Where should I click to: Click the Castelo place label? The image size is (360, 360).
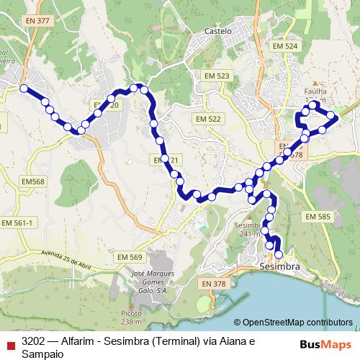pyautogui.click(x=218, y=32)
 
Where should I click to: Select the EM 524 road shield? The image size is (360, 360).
pyautogui.click(x=285, y=45)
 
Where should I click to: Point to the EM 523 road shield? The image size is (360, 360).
pyautogui.click(x=217, y=76)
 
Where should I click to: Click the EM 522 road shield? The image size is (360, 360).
pyautogui.click(x=207, y=118)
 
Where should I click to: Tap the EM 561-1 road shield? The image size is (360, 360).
pyautogui.click(x=18, y=223)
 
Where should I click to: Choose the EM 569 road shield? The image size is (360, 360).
pyautogui.click(x=130, y=257)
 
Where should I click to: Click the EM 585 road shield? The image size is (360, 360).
pyautogui.click(x=317, y=216)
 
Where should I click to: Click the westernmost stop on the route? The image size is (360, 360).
pyautogui.click(x=24, y=89)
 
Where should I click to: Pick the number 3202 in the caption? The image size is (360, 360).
pyautogui.click(x=33, y=341)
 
